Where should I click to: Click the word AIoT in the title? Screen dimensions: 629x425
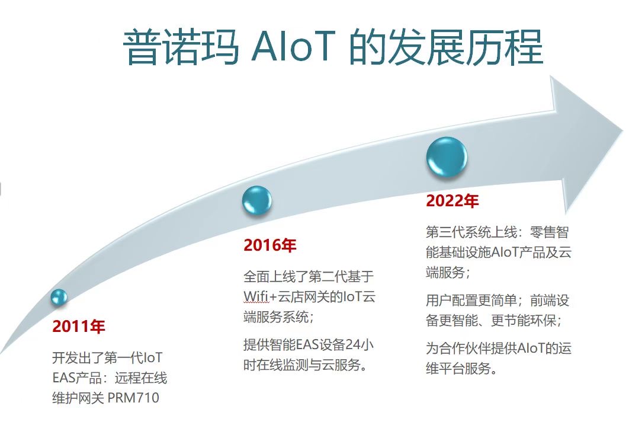293,46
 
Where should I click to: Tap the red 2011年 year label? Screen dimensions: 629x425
79,326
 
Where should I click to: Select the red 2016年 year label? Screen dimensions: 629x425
270,245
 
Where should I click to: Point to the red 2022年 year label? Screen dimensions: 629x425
453,200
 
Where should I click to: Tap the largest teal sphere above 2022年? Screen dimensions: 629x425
447,157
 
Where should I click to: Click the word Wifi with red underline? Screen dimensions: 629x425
256,296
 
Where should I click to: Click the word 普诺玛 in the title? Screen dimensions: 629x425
181,47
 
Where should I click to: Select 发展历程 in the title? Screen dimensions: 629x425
466,47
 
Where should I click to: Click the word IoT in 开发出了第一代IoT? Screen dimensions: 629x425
153,357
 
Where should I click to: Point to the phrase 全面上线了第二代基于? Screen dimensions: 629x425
309,276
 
